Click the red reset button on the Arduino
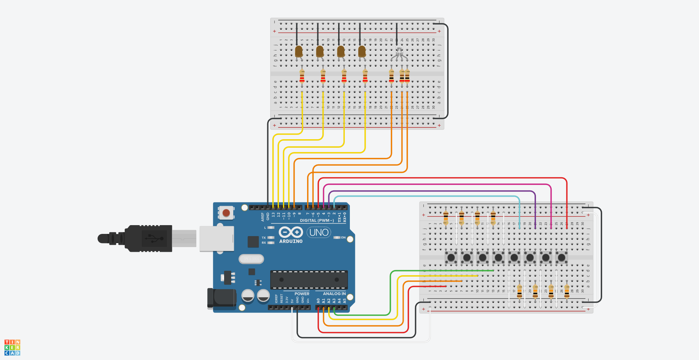coord(226,213)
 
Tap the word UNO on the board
coord(319,232)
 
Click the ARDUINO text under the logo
coord(291,241)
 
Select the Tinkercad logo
coord(12,347)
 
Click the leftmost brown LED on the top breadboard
coord(299,52)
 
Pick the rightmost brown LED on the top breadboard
coord(362,52)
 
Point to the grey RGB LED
coord(399,54)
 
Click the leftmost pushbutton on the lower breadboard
coord(451,257)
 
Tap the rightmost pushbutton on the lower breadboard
coord(562,257)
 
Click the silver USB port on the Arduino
coord(216,239)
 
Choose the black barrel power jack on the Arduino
coord(222,298)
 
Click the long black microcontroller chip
coord(309,280)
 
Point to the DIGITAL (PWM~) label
coord(317,220)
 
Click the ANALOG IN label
coord(334,293)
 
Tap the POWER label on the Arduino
coord(302,293)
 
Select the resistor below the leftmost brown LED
coord(302,76)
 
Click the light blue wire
coord(424,197)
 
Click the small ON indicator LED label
coord(343,238)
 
